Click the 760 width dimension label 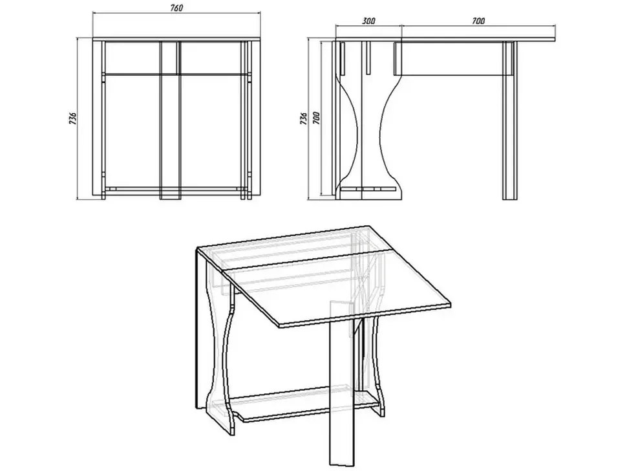[x=176, y=8]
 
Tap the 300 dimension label [x=368, y=21]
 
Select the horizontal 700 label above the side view [x=478, y=21]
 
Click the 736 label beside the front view [x=73, y=118]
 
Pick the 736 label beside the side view [x=304, y=118]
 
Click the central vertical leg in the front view [x=169, y=120]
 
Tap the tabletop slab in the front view [x=176, y=39]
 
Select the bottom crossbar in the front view [x=176, y=188]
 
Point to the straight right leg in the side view [x=510, y=120]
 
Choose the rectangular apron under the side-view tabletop [x=453, y=58]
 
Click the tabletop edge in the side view [x=445, y=39]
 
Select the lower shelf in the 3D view [x=308, y=406]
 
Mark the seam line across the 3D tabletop [x=305, y=259]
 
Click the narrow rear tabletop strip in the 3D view [x=292, y=247]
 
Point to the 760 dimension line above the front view [x=176, y=12]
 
